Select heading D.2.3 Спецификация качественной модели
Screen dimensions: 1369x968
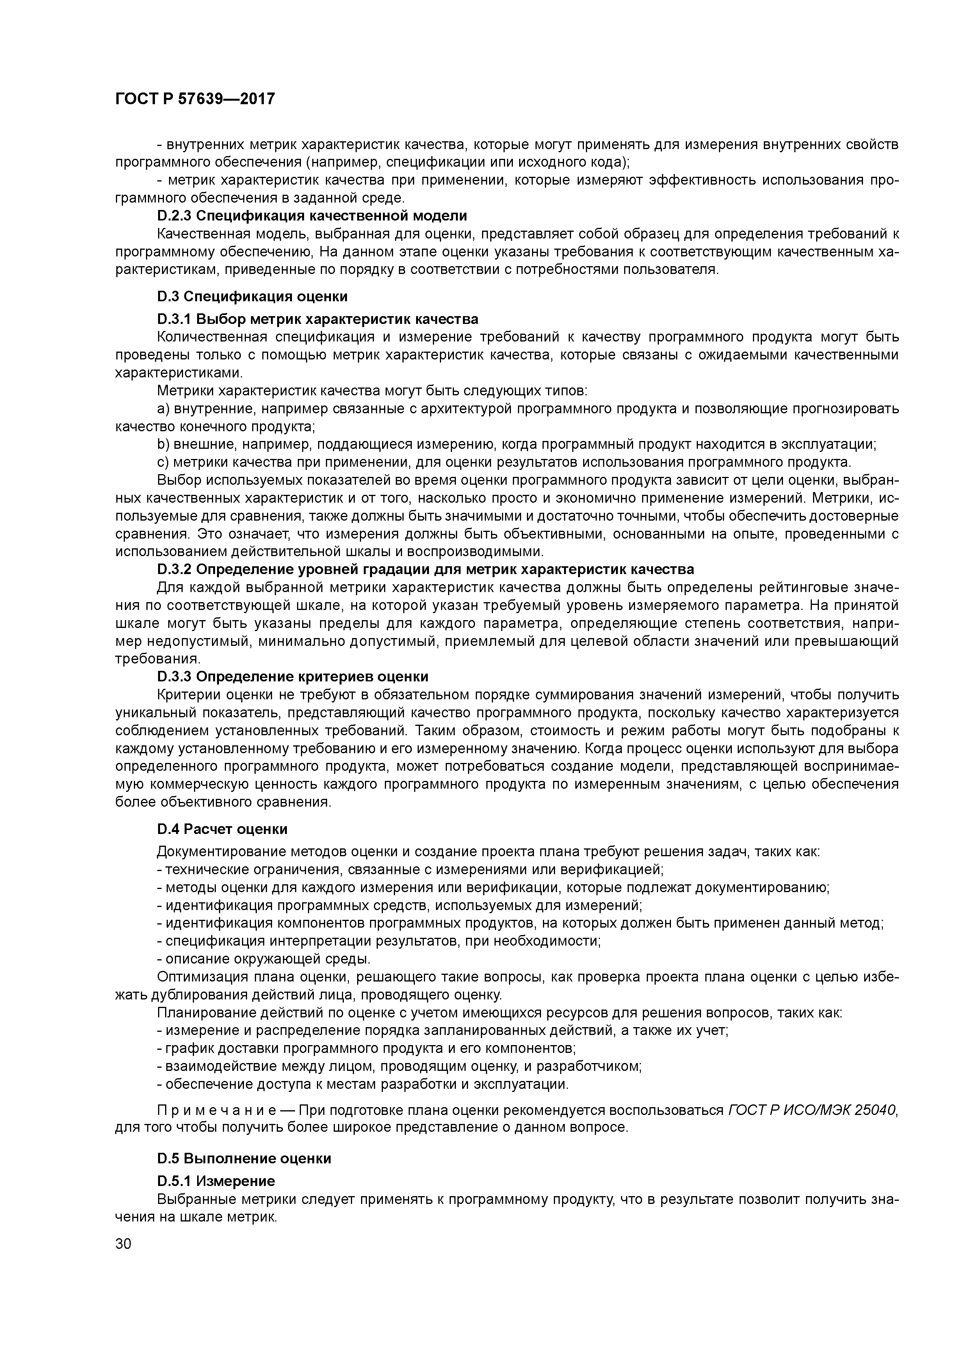pyautogui.click(x=312, y=215)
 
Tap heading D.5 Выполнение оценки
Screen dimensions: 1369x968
pyautogui.click(x=244, y=1158)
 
